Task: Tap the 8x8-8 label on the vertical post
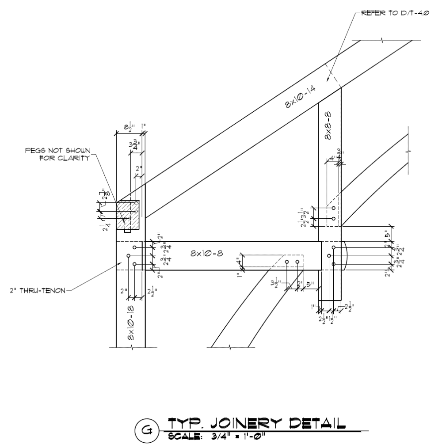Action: (329, 126)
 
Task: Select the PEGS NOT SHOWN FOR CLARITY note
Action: (57, 155)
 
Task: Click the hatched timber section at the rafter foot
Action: (127, 215)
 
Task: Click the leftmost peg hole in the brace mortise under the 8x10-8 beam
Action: (287, 262)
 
